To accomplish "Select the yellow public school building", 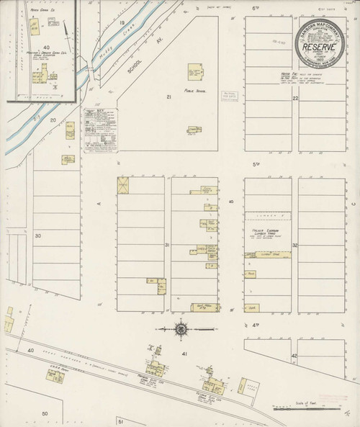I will [x=195, y=73].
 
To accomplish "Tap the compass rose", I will [x=180, y=331].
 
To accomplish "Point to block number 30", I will [x=37, y=235].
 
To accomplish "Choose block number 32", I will [x=295, y=245].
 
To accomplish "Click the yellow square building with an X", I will [x=123, y=184].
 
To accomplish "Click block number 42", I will [x=294, y=356].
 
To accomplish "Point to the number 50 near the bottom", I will [x=44, y=413].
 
